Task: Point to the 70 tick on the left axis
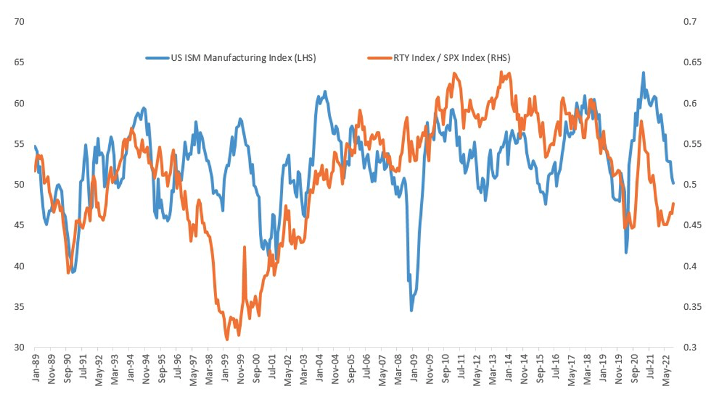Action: pyautogui.click(x=18, y=22)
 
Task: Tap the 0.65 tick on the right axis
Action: pyautogui.click(x=690, y=63)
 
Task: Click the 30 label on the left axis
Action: pyautogui.click(x=18, y=347)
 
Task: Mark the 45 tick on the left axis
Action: pyautogui.click(x=18, y=226)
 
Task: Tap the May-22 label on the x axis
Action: pyautogui.click(x=665, y=368)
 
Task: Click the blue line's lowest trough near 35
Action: pyautogui.click(x=412, y=310)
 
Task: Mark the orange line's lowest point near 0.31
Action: pyautogui.click(x=227, y=339)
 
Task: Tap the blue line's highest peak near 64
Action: pyautogui.click(x=643, y=73)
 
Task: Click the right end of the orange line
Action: pyautogui.click(x=674, y=204)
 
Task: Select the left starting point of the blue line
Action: pyautogui.click(x=34, y=146)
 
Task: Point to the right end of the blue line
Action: pyautogui.click(x=674, y=183)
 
